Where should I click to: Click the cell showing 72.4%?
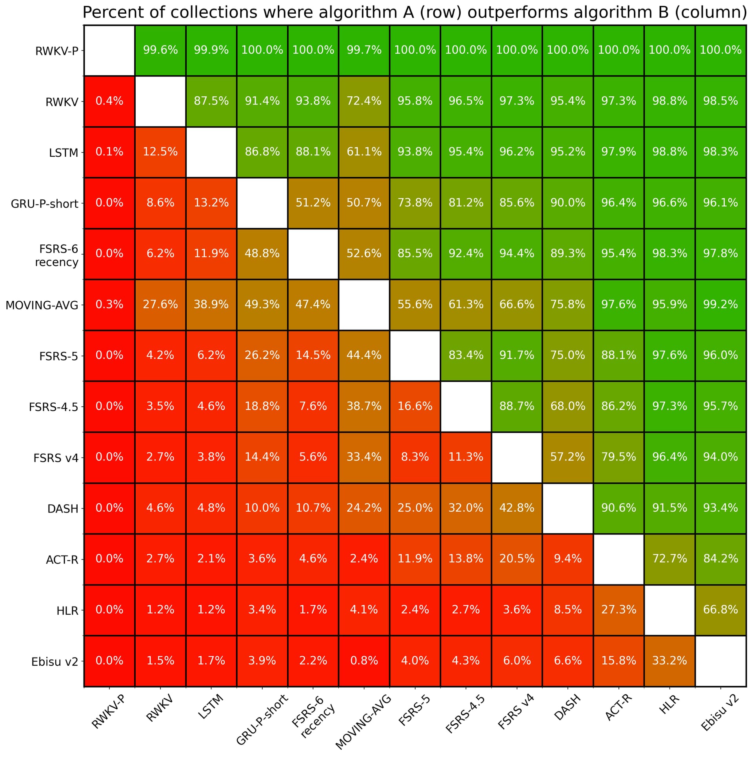click(364, 101)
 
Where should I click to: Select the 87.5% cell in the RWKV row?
click(211, 101)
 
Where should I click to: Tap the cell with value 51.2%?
click(313, 203)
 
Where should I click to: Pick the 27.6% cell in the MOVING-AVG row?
click(160, 304)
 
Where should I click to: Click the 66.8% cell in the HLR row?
click(720, 610)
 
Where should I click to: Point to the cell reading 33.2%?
click(669, 661)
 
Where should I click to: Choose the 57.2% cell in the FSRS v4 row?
click(567, 457)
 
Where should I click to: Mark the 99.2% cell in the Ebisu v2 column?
click(720, 304)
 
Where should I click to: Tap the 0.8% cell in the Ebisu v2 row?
click(364, 661)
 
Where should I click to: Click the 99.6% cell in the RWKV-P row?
click(160, 50)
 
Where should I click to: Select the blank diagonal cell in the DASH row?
click(567, 508)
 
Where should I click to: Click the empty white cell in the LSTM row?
click(211, 152)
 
